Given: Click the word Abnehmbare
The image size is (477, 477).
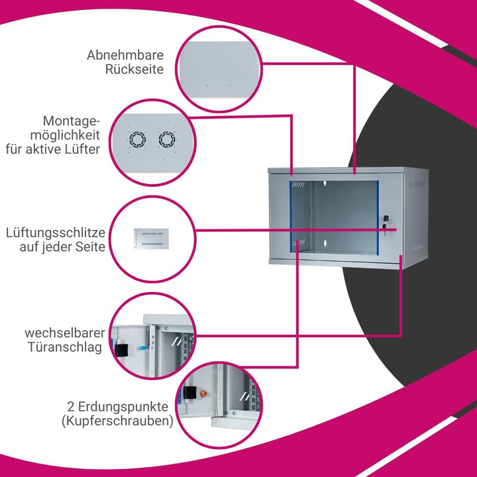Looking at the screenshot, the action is click(x=125, y=55).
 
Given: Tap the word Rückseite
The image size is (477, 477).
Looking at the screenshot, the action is click(x=134, y=69).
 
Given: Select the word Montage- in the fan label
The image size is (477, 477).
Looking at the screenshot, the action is click(x=72, y=121).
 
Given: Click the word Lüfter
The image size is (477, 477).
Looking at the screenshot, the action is click(x=82, y=149).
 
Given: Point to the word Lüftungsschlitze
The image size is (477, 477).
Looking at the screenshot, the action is click(x=56, y=233).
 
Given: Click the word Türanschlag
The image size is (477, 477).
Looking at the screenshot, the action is click(x=65, y=347).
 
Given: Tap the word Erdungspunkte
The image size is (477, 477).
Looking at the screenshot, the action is click(x=123, y=407).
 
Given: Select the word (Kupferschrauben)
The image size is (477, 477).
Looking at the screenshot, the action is click(x=117, y=421).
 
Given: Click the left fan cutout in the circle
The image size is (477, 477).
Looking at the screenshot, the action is click(x=138, y=140).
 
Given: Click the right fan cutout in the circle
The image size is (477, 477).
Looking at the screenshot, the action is click(x=167, y=140).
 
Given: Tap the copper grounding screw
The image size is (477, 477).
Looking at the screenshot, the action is click(x=203, y=394).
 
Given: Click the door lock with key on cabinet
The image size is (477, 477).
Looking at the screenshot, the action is click(x=386, y=224).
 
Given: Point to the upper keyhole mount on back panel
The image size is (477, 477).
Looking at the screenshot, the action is click(x=325, y=183).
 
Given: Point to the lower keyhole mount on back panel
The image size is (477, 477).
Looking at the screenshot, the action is click(x=325, y=242).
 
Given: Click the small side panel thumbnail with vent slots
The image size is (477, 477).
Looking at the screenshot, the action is click(x=151, y=238).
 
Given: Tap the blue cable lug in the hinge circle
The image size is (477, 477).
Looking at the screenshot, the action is click(x=142, y=348).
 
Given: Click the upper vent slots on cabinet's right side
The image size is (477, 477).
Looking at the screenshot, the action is click(x=417, y=184).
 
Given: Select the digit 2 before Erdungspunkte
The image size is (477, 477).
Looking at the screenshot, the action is click(x=71, y=406).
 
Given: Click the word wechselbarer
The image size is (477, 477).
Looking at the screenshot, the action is click(x=65, y=333).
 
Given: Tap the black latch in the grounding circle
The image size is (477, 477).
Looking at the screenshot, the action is click(x=190, y=392).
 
